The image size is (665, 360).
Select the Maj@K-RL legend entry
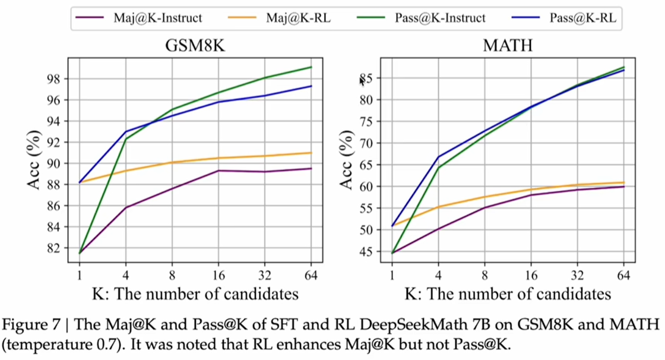click(x=300, y=18)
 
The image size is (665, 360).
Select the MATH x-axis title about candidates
click(x=508, y=294)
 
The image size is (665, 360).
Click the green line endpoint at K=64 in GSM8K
click(x=311, y=67)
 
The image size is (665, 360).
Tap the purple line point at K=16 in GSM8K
click(x=219, y=170)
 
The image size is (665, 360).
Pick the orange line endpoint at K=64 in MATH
click(x=623, y=182)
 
